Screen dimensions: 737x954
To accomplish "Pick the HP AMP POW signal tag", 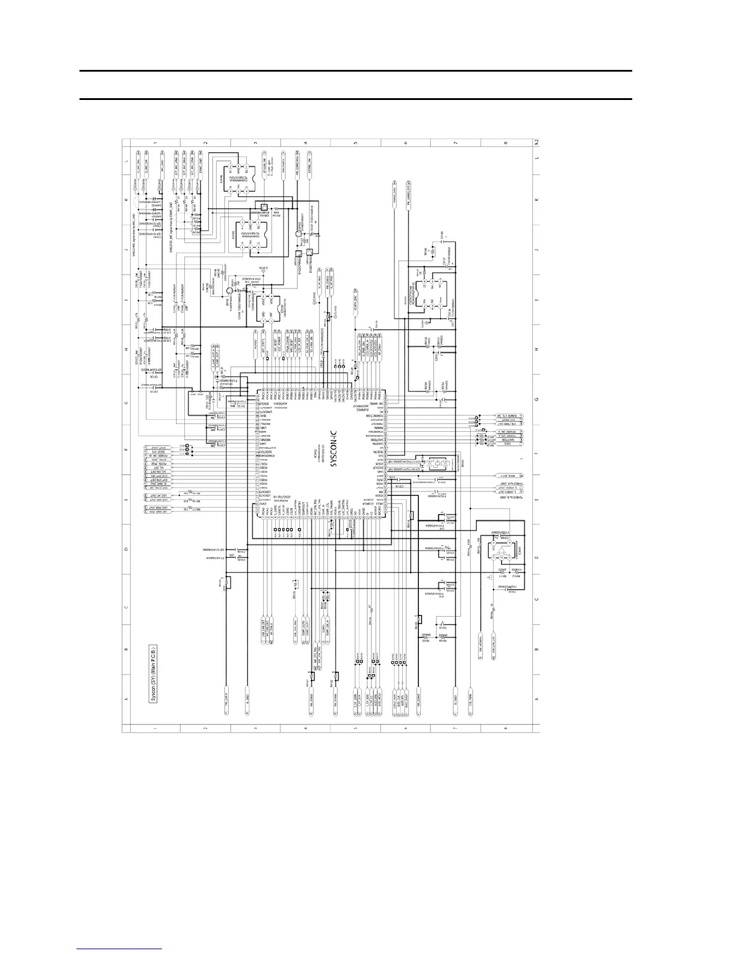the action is [x=156, y=509].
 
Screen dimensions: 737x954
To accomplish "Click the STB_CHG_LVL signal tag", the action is [x=493, y=651].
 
